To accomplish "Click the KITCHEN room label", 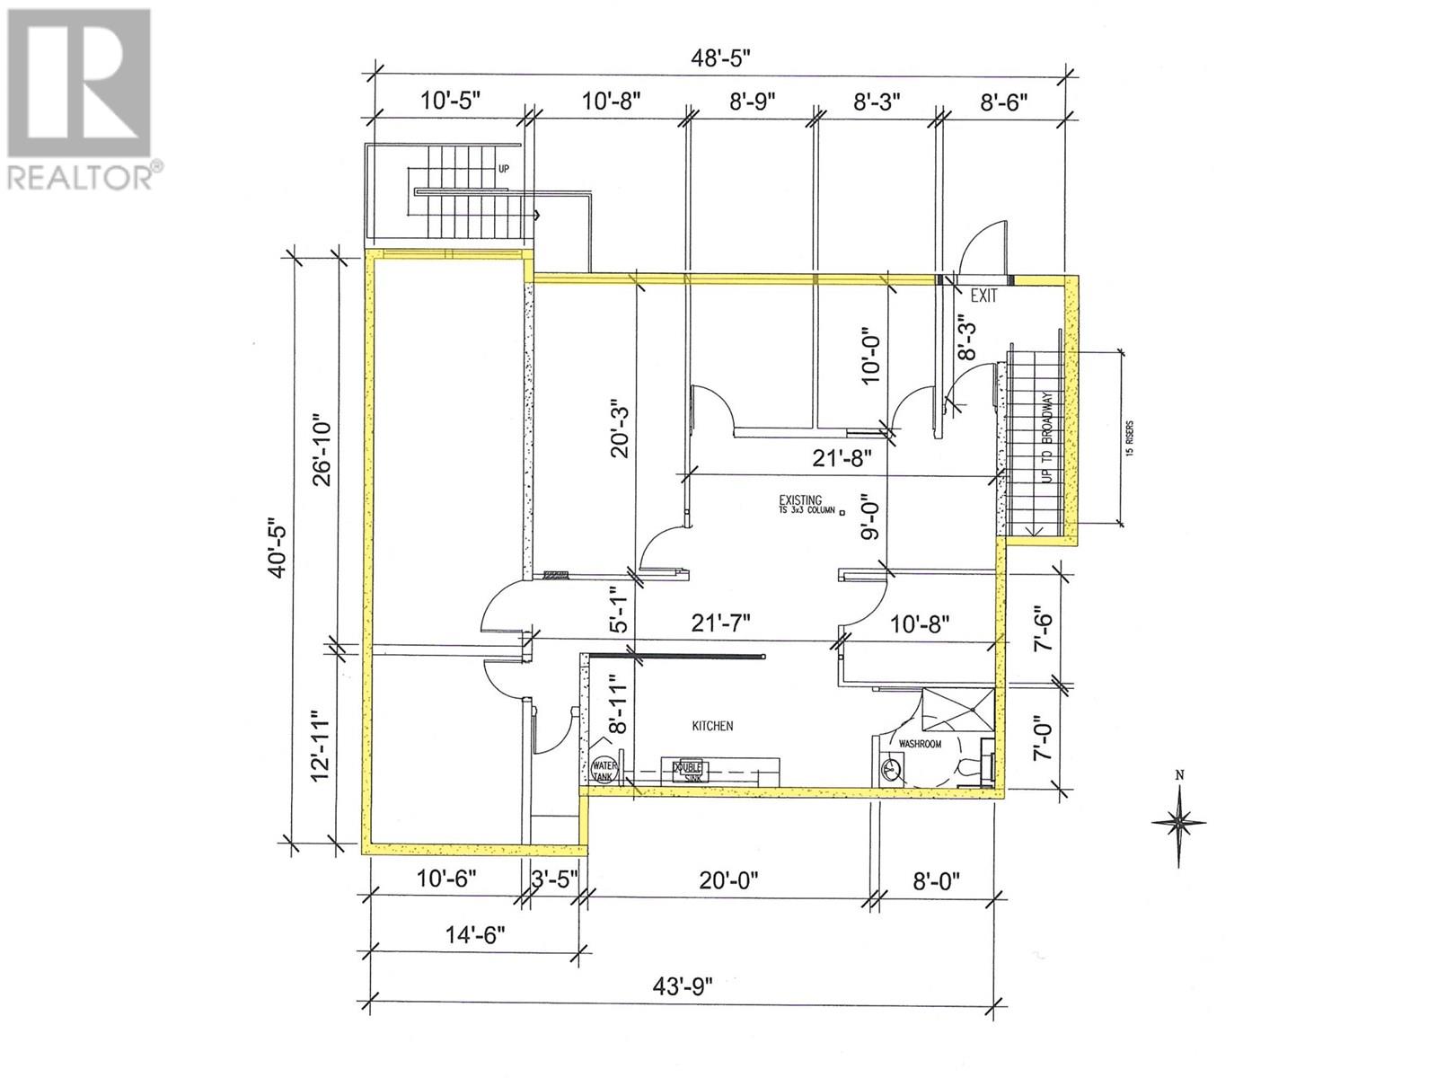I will pos(712,726).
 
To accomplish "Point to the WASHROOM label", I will pos(921,744).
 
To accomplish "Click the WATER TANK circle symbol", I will pos(603,771).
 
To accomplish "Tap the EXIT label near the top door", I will pos(983,296).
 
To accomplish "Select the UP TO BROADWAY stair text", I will pos(1047,437).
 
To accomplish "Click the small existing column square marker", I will pos(842,511).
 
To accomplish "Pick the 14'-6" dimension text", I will pos(473,934).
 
